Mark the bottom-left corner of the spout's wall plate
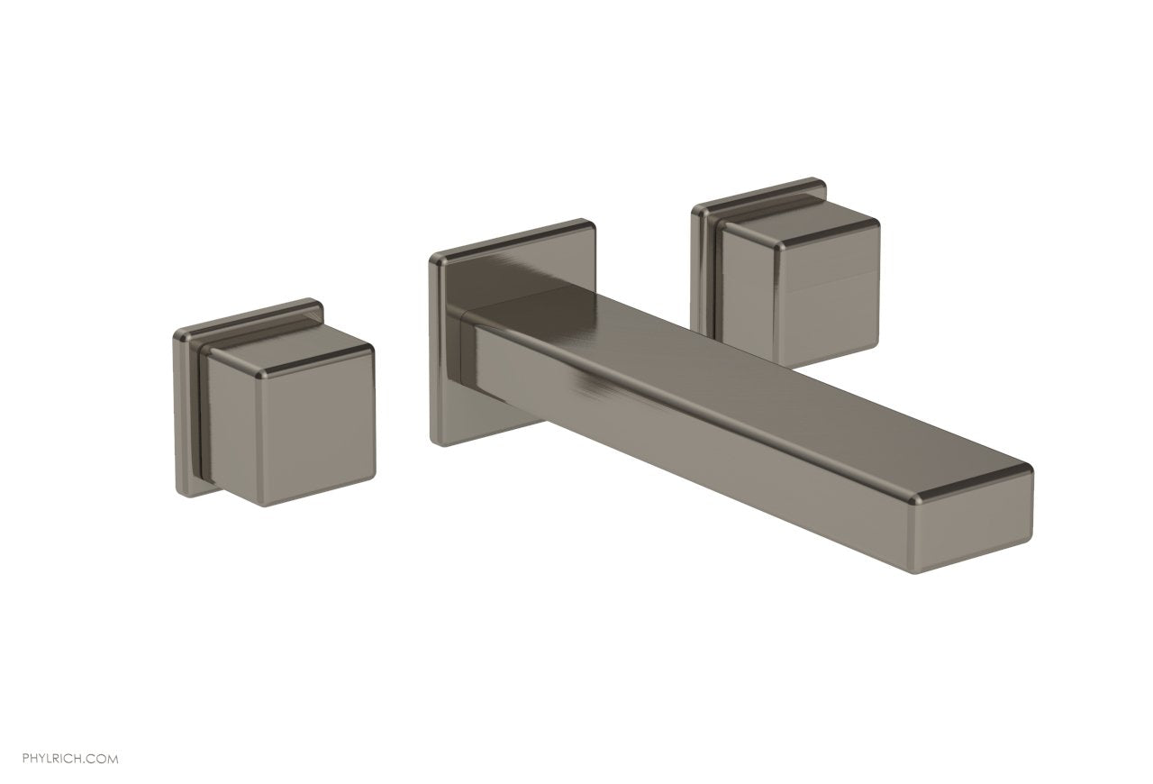(x=434, y=441)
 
